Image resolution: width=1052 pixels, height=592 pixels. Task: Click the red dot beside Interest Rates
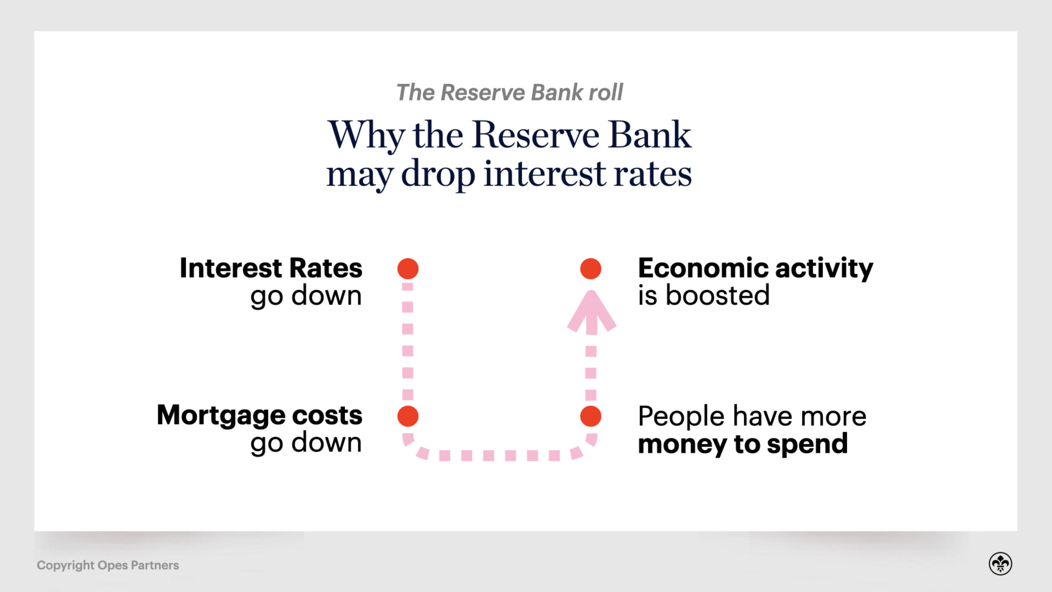pyautogui.click(x=408, y=269)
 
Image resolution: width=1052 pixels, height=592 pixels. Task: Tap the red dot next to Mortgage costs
pyautogui.click(x=408, y=416)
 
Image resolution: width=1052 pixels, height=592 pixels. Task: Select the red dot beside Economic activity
pyautogui.click(x=590, y=269)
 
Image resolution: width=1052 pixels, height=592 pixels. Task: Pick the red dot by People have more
pyautogui.click(x=590, y=416)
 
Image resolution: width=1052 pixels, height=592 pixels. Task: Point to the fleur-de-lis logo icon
pyautogui.click(x=1000, y=564)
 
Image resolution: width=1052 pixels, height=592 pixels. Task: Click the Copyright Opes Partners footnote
pyautogui.click(x=108, y=565)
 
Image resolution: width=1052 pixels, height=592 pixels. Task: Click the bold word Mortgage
pyautogui.click(x=221, y=415)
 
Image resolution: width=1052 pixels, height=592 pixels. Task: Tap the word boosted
pyautogui.click(x=717, y=295)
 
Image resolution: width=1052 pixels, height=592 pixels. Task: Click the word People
pyautogui.click(x=681, y=416)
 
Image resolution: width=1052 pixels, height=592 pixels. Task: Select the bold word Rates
pyautogui.click(x=326, y=268)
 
